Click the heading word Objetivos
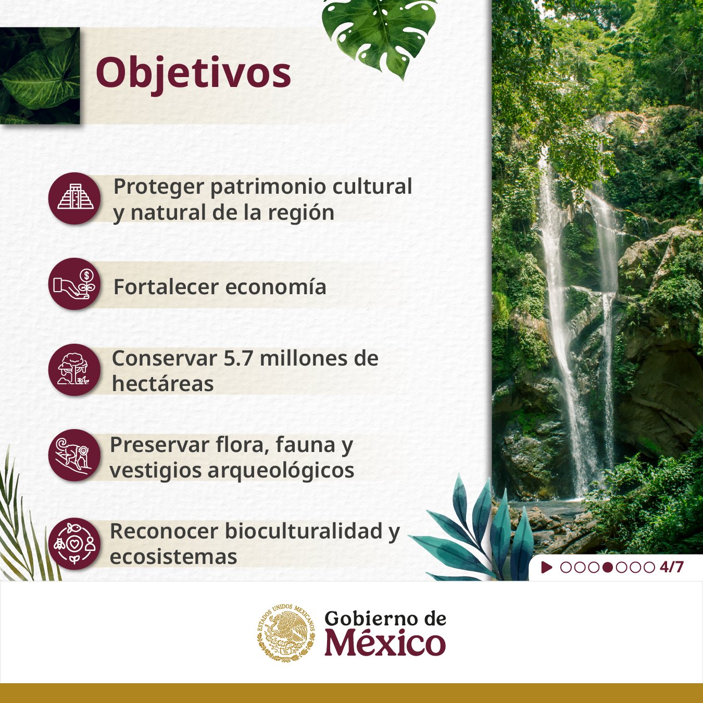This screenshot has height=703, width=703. pyautogui.click(x=193, y=73)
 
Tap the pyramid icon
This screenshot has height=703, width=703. pyautogui.click(x=75, y=198)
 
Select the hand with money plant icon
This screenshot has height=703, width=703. pyautogui.click(x=75, y=284)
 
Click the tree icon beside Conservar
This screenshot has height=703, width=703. pyautogui.click(x=75, y=370)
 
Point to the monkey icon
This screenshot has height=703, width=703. pyautogui.click(x=75, y=455)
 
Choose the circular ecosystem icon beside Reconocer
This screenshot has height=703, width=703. pyautogui.click(x=75, y=543)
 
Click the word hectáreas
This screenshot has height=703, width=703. pyautogui.click(x=162, y=384)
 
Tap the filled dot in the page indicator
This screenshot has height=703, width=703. pyautogui.click(x=607, y=567)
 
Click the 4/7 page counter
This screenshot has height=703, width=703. pyautogui.click(x=671, y=567)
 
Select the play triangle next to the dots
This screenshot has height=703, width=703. pyautogui.click(x=546, y=567)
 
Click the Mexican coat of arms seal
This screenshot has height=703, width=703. pyautogui.click(x=286, y=633)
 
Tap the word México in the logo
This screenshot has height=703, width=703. pyautogui.click(x=385, y=643)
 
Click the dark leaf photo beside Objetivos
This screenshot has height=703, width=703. pyautogui.click(x=40, y=76)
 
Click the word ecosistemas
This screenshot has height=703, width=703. pyautogui.click(x=173, y=557)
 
